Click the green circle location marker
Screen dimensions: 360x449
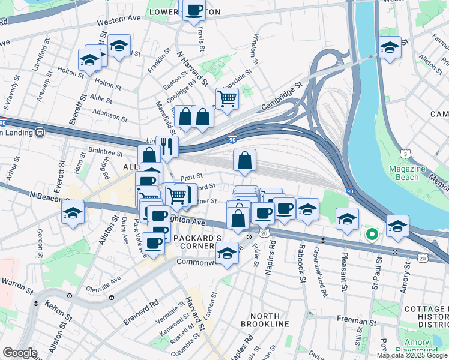[372, 235]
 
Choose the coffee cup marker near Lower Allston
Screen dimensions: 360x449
[194, 10]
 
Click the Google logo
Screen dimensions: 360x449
[20, 353]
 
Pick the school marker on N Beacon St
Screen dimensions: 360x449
[73, 213]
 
